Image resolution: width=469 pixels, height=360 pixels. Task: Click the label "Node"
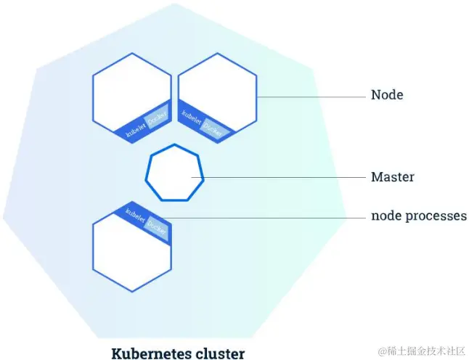tap(386, 95)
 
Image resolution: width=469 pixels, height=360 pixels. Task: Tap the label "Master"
tap(392, 176)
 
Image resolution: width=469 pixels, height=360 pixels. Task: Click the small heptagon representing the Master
tap(174, 175)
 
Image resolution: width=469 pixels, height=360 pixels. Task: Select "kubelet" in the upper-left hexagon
tap(135, 126)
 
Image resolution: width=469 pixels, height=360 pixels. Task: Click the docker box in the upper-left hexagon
tap(158, 117)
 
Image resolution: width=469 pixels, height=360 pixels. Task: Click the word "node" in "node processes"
tap(386, 216)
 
